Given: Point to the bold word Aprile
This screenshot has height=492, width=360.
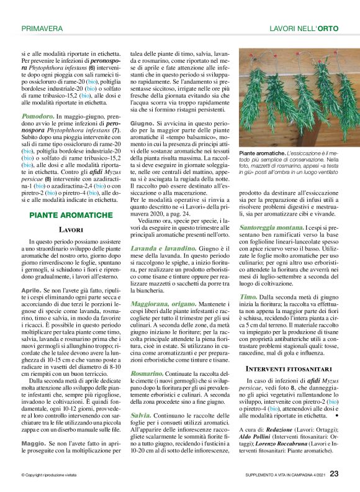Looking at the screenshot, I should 32,290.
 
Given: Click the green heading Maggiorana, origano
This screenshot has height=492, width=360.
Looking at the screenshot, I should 168,304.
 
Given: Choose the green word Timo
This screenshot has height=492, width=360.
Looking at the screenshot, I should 248,298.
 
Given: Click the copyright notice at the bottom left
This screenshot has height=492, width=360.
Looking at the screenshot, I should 48,475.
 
